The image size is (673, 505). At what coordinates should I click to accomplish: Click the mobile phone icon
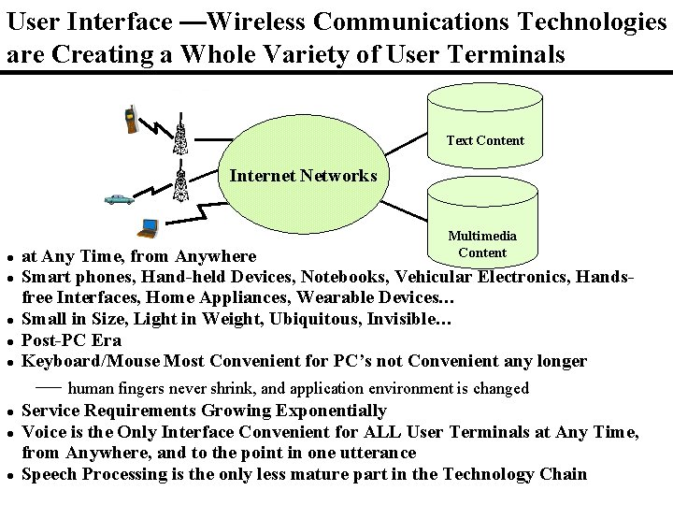[132, 119]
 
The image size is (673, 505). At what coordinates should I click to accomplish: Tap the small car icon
[119, 198]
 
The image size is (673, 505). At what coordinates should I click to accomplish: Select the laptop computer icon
[147, 225]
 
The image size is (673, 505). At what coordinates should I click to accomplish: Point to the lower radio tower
[182, 181]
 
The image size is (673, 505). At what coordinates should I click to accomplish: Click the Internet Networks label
[303, 175]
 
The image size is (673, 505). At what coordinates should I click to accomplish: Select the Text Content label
[485, 140]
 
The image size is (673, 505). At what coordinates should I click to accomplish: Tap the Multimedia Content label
[482, 244]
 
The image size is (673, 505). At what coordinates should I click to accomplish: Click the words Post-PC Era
[71, 340]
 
